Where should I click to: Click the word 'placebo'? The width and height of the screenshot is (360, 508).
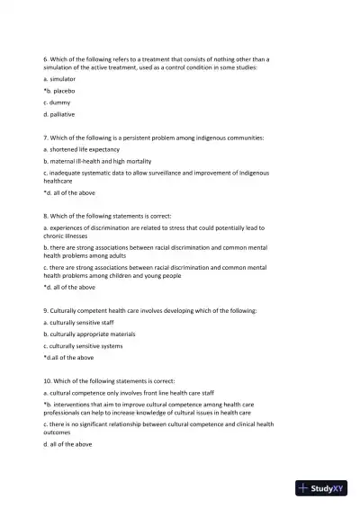coord(63,91)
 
